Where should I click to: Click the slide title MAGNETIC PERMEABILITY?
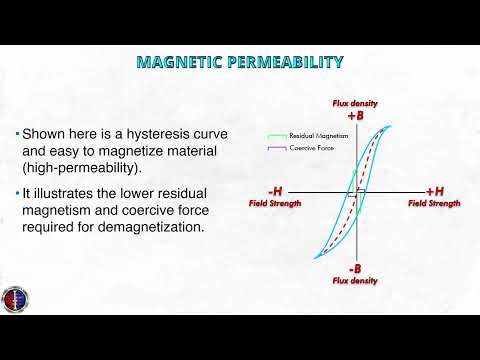[x=239, y=62]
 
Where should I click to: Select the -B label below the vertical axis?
[x=355, y=269]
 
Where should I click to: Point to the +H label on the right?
[x=435, y=191]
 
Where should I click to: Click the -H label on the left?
[x=276, y=191]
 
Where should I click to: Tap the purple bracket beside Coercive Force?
[x=273, y=149]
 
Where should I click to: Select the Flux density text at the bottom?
[x=355, y=281]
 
